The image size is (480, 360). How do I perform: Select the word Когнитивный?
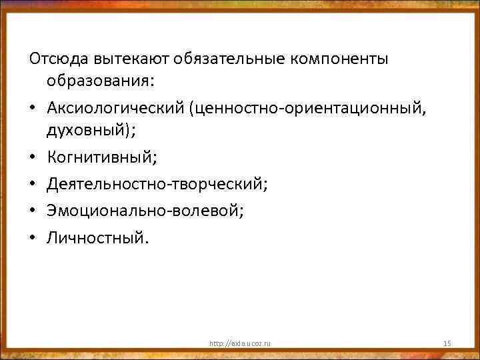[x=99, y=157]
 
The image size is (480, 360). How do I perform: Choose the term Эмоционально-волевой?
[x=143, y=211]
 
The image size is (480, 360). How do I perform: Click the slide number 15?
[x=447, y=343]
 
